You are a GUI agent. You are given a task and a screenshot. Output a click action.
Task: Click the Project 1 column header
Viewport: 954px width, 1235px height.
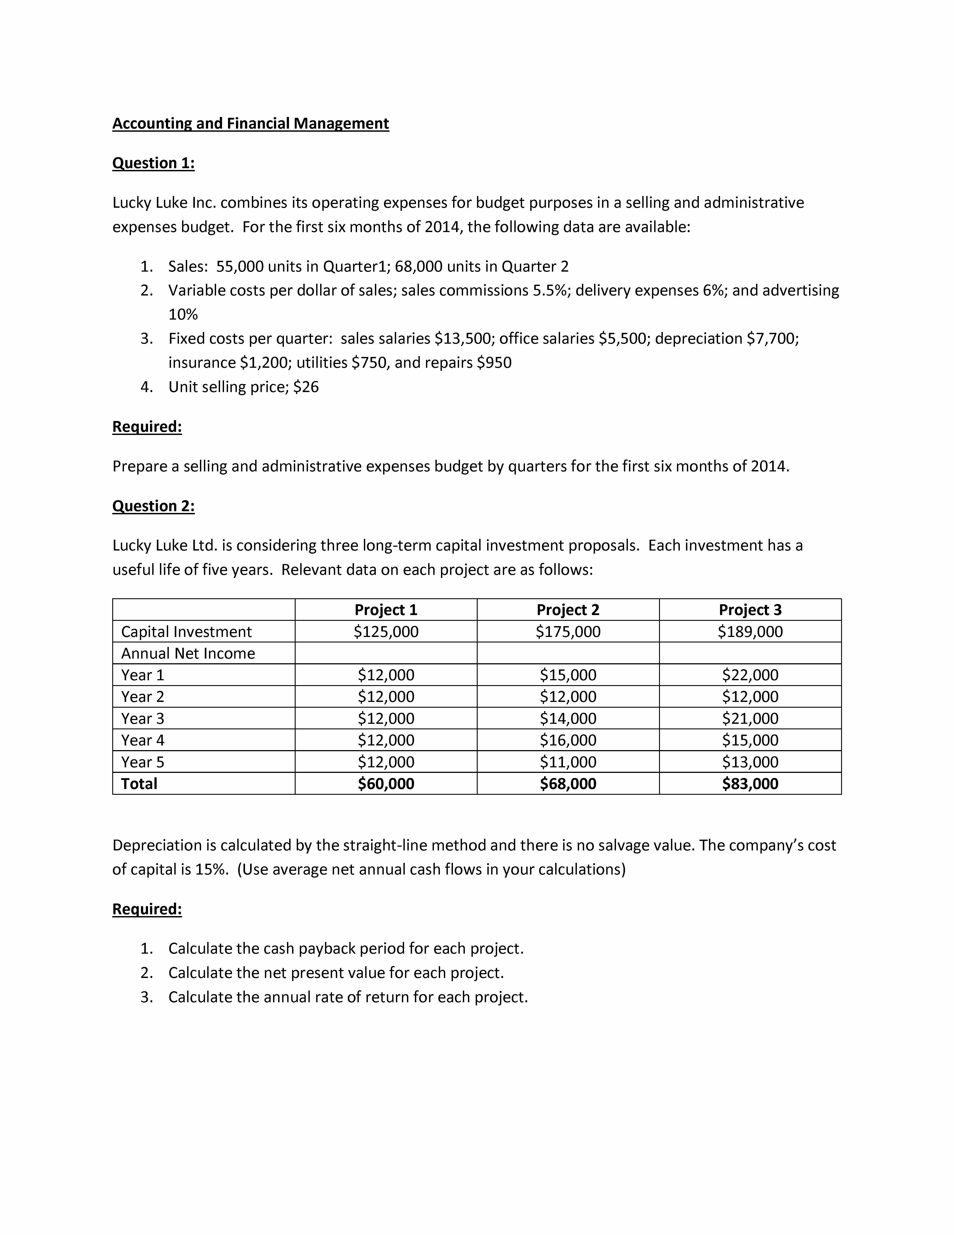pyautogui.click(x=386, y=610)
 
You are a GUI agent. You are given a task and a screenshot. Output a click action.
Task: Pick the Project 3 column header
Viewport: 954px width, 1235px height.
pyautogui.click(x=750, y=610)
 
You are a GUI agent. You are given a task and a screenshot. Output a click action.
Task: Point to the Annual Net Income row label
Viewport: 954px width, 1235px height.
pyautogui.click(x=188, y=653)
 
